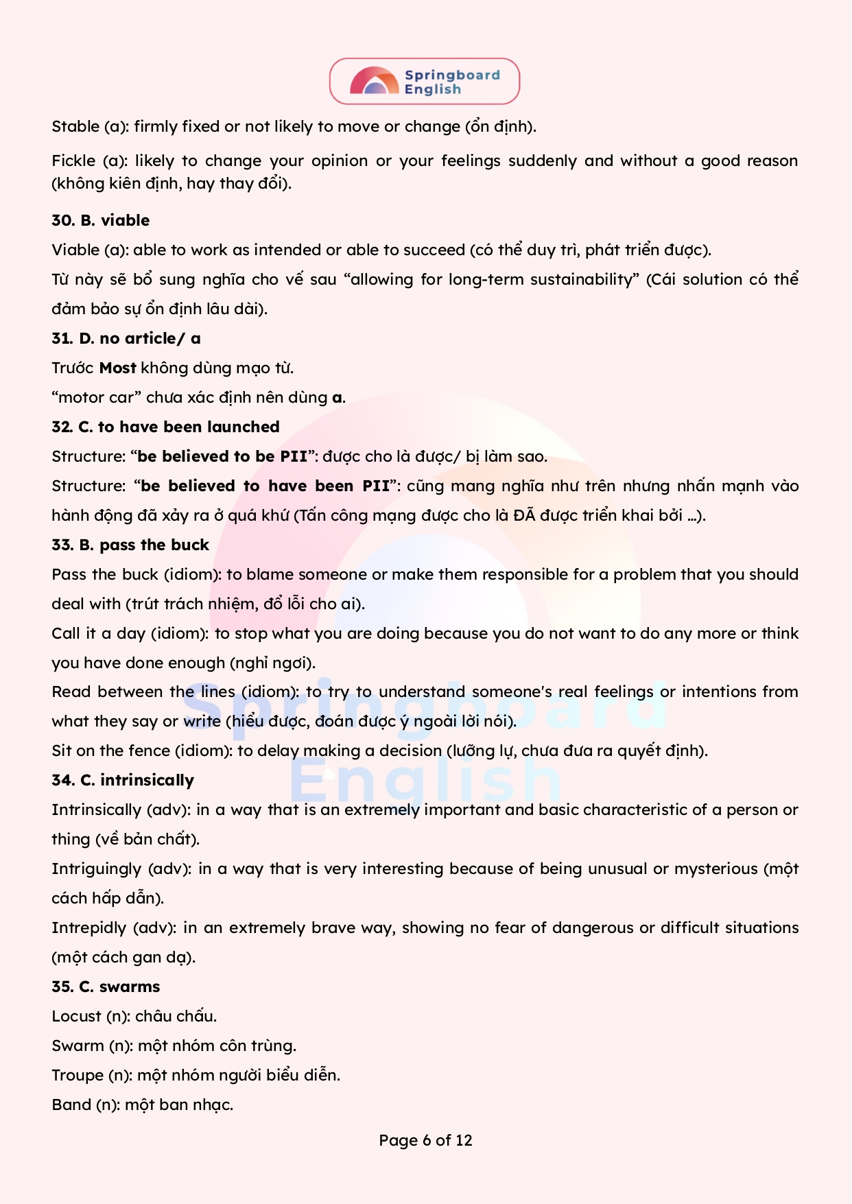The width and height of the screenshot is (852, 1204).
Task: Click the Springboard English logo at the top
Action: click(425, 82)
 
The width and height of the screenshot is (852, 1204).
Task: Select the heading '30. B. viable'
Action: click(100, 220)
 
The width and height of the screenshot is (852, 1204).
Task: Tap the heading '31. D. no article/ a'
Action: click(126, 338)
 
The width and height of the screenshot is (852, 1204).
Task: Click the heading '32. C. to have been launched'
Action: click(165, 427)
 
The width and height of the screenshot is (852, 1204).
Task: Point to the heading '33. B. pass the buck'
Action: click(130, 545)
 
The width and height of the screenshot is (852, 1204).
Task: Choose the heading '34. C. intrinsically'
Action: click(123, 780)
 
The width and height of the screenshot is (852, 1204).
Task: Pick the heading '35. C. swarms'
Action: click(106, 987)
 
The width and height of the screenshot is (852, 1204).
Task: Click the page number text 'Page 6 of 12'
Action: click(425, 1140)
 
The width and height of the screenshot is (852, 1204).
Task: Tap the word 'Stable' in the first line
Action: click(75, 126)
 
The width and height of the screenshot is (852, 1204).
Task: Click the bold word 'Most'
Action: click(117, 368)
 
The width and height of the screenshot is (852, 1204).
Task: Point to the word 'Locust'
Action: click(76, 1016)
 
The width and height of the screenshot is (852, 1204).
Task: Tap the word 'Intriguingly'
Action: click(96, 869)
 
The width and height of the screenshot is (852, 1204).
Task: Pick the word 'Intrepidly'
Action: click(88, 928)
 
